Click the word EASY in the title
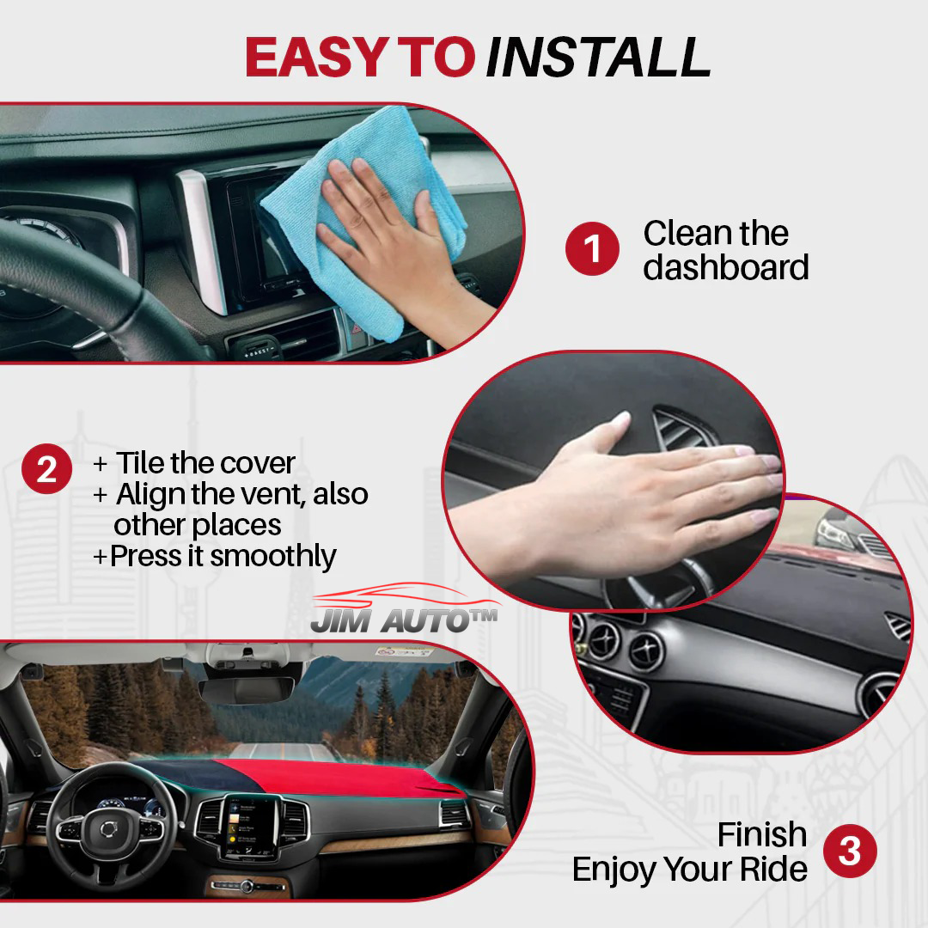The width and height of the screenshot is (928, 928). click(x=317, y=58)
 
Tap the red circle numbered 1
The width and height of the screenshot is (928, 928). click(x=592, y=249)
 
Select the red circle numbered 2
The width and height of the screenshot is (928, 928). click(x=46, y=469)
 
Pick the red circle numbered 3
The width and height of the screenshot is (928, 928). click(x=850, y=852)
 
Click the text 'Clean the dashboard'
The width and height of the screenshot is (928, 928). click(x=725, y=250)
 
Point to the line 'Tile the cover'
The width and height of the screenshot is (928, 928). click(x=205, y=463)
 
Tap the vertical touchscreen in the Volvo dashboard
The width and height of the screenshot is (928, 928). click(x=250, y=826)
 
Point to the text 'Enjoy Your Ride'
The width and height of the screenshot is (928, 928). click(x=689, y=869)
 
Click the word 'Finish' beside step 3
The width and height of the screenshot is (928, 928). click(x=761, y=834)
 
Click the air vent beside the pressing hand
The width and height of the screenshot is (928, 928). click(x=679, y=430)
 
